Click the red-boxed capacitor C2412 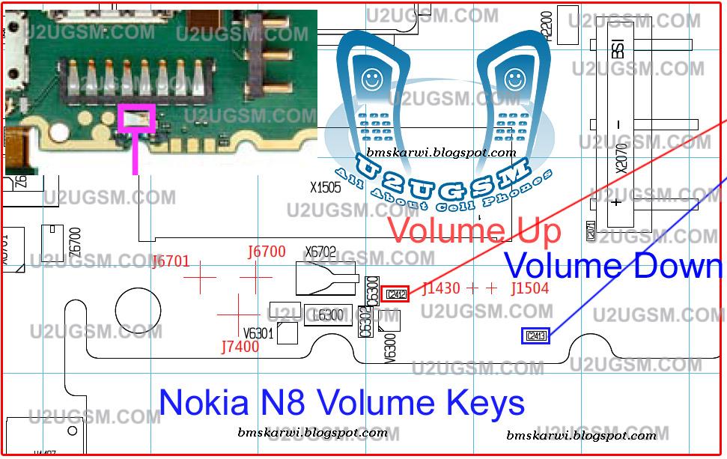click(x=395, y=294)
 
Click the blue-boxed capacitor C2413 click(x=535, y=336)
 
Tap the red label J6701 click(x=171, y=261)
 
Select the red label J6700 click(x=267, y=252)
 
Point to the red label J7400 click(x=240, y=347)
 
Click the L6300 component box click(x=329, y=315)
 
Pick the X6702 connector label click(x=320, y=252)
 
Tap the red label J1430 click(x=441, y=288)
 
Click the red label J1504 click(x=529, y=288)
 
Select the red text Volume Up click(x=475, y=230)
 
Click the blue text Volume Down click(x=612, y=266)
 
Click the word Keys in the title click(x=486, y=403)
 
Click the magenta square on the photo click(x=136, y=116)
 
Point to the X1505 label click(x=326, y=187)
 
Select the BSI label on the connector click(x=618, y=49)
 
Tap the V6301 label click(x=258, y=333)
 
